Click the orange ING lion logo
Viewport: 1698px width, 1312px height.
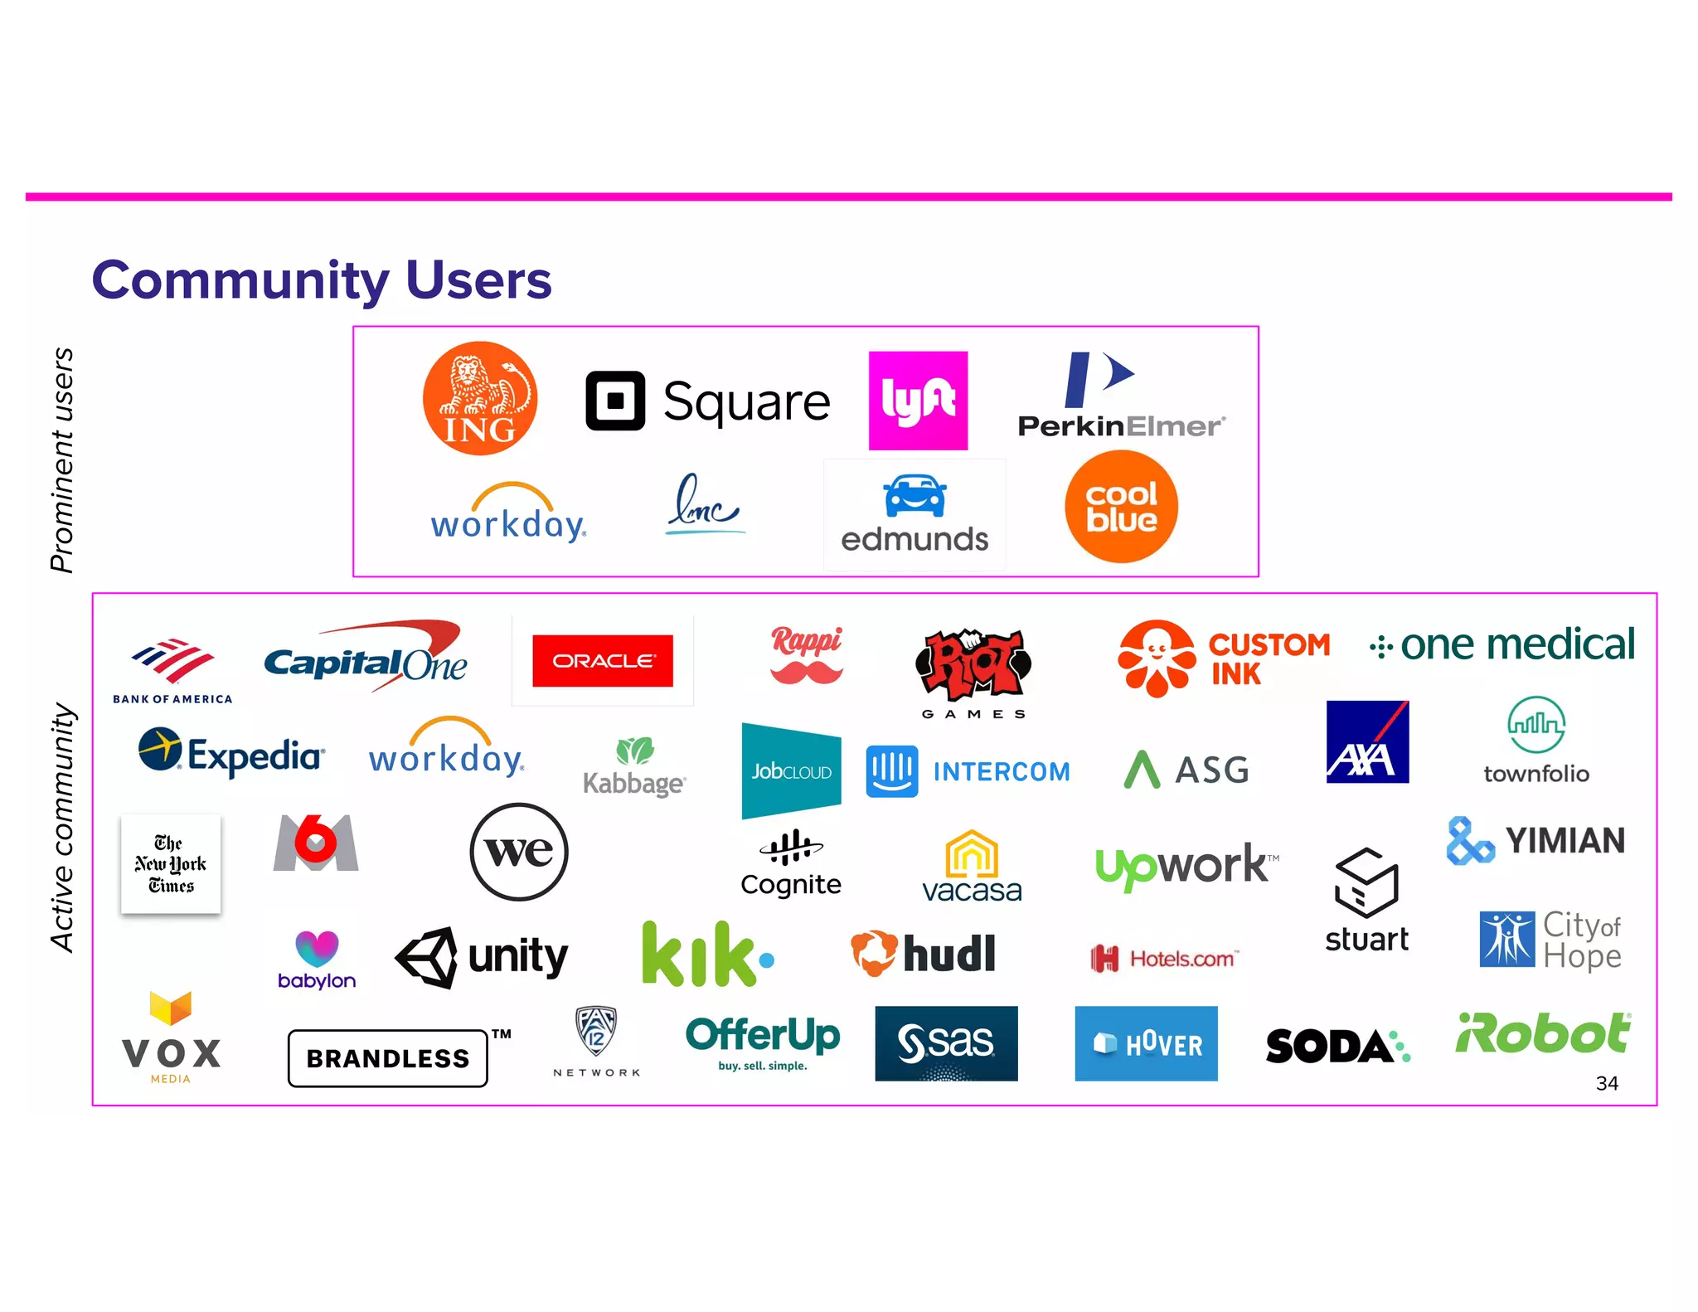(x=480, y=399)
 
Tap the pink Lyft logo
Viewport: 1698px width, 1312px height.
(x=918, y=401)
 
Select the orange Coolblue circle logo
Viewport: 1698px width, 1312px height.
(x=1121, y=507)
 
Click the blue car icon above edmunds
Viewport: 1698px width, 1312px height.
(x=914, y=496)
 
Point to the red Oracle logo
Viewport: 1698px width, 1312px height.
(x=603, y=661)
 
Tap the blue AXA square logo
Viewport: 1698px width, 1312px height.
(x=1367, y=741)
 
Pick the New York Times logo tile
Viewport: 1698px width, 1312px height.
(x=171, y=864)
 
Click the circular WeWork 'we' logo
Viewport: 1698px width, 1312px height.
(x=519, y=852)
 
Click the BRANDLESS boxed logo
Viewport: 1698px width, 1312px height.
(x=388, y=1058)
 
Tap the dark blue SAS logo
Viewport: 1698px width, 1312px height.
(x=946, y=1043)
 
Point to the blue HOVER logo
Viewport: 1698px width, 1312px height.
(x=1146, y=1043)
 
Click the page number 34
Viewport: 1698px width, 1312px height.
(x=1607, y=1083)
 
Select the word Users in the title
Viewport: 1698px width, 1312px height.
(x=478, y=280)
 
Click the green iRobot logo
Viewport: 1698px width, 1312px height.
(x=1543, y=1034)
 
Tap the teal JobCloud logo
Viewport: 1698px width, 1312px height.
(x=791, y=771)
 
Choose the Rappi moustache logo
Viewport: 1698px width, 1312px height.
(x=806, y=655)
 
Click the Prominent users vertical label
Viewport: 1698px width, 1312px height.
(x=62, y=460)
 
